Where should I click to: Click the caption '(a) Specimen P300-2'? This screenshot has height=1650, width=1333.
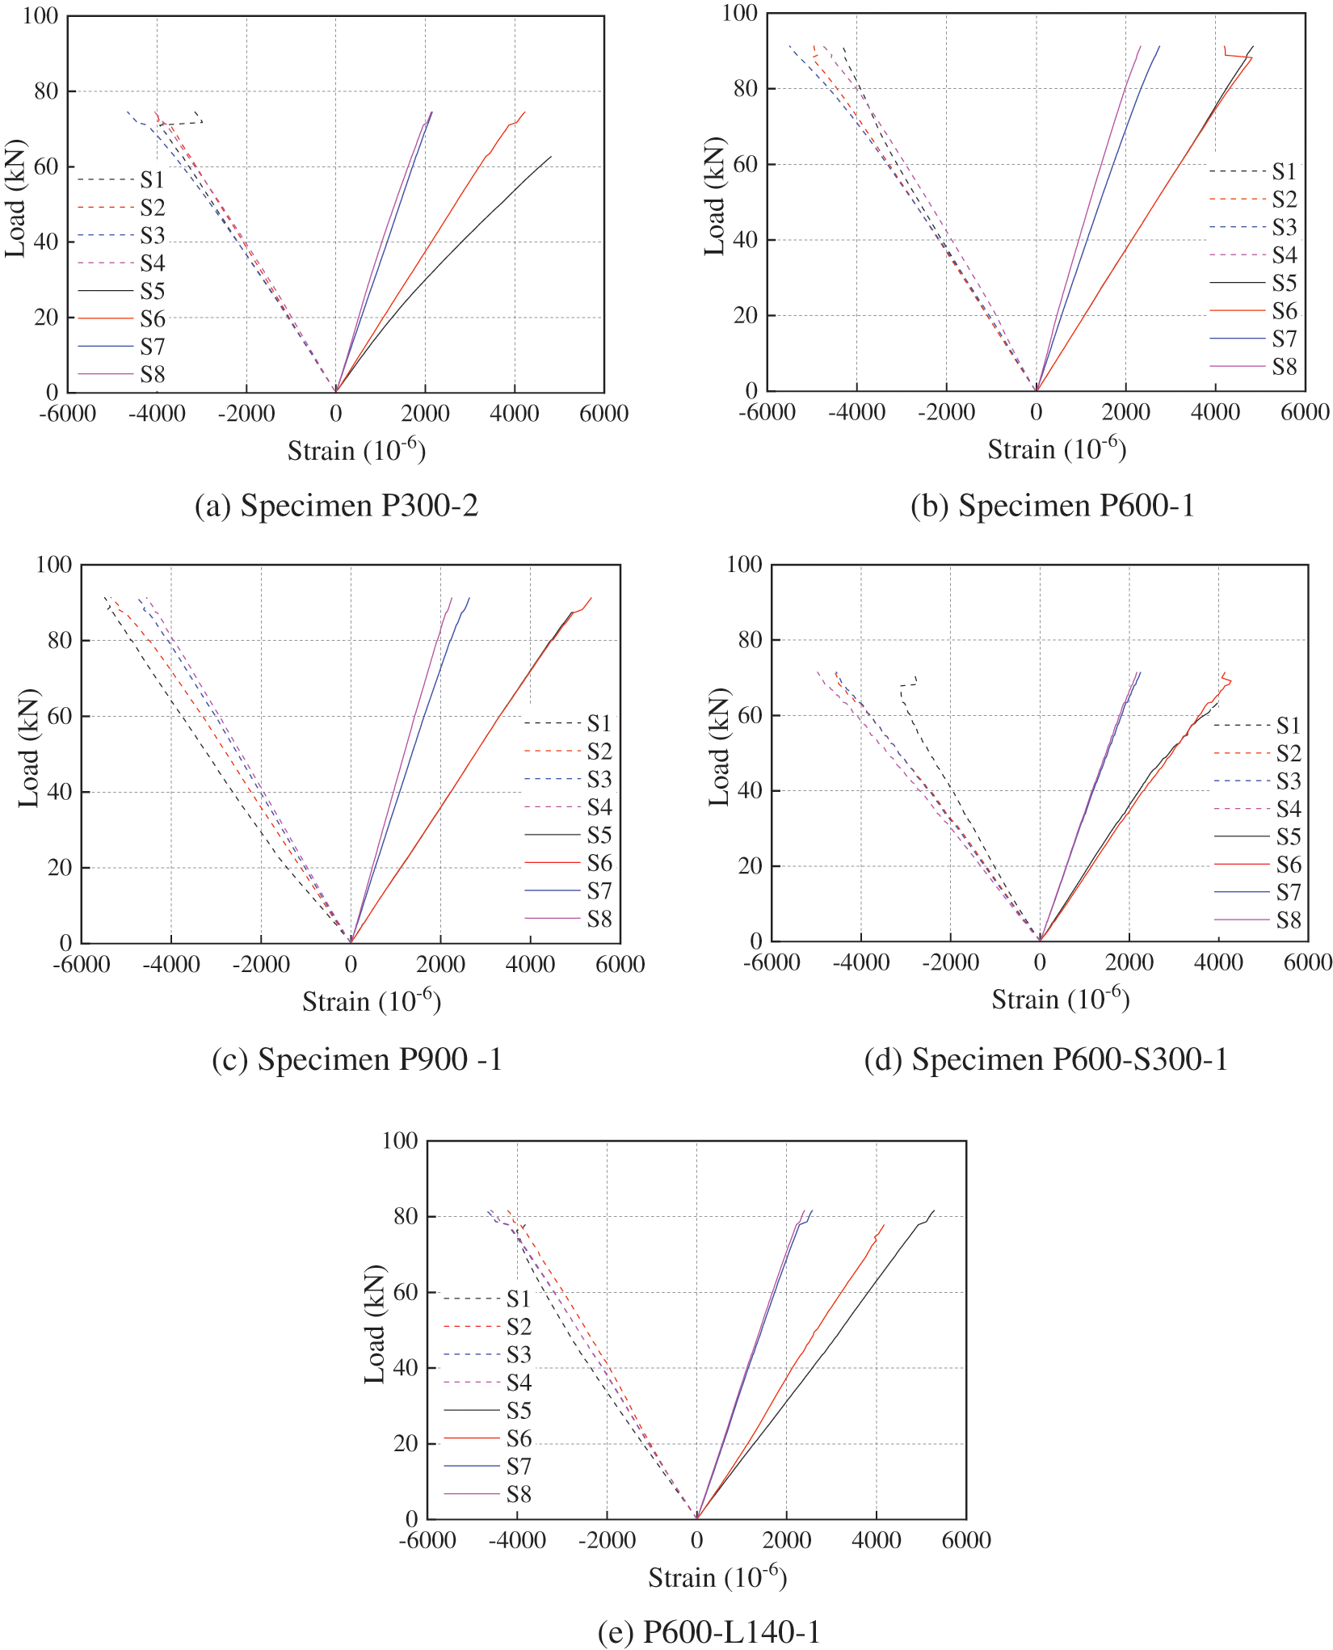(x=337, y=506)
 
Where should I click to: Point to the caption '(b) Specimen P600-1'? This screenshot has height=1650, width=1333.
(x=1052, y=506)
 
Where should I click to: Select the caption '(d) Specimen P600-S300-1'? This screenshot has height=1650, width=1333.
(x=1045, y=1059)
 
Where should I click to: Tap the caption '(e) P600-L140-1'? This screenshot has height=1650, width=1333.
(x=709, y=1632)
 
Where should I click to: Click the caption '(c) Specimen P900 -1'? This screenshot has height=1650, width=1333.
(x=357, y=1059)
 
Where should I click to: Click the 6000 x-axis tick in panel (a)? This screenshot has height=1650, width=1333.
(x=603, y=414)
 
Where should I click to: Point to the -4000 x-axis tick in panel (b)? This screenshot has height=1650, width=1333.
(x=856, y=412)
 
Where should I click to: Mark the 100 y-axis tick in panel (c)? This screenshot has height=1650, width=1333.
(x=54, y=564)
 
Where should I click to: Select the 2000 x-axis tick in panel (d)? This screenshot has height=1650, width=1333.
(x=1129, y=962)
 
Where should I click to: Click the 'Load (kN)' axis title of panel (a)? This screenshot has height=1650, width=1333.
(x=16, y=199)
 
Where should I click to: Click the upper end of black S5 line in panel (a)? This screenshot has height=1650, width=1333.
(x=551, y=157)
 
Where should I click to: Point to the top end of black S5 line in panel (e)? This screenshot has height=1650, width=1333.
(x=934, y=1210)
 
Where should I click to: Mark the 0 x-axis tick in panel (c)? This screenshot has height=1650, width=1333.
(x=350, y=964)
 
